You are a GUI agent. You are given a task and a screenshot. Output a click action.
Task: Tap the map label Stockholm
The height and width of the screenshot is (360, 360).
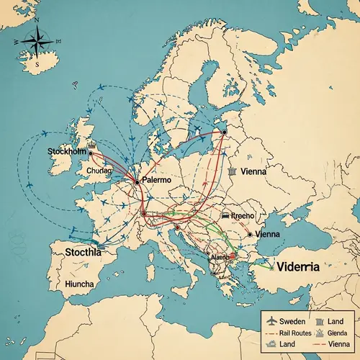(x=66, y=152)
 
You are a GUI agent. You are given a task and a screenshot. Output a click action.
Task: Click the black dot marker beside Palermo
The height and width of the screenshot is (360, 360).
(x=136, y=182)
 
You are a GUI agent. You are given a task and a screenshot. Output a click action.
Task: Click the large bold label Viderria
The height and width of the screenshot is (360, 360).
(x=307, y=265)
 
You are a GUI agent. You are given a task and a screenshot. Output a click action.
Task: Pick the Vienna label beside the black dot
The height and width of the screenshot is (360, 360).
(x=268, y=235)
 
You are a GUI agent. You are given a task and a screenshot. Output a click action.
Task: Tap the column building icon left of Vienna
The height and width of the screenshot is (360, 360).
(x=232, y=173)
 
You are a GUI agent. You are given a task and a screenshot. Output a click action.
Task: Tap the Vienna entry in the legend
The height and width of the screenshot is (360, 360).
(x=337, y=345)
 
